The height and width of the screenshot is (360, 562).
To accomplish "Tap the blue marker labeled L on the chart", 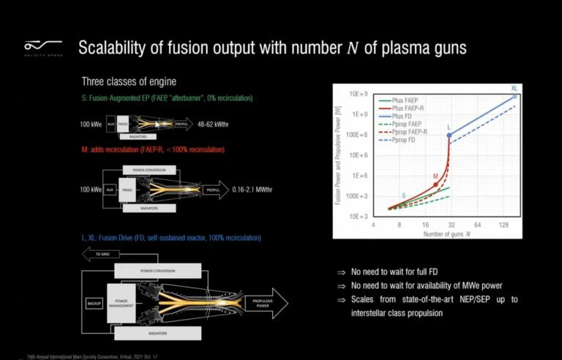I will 449,135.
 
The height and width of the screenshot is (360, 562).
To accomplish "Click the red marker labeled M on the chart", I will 435,184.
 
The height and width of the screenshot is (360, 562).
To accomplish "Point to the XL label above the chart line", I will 514,88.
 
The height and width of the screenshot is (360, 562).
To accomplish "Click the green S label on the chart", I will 402,195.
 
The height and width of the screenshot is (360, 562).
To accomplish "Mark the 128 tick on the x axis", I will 503,225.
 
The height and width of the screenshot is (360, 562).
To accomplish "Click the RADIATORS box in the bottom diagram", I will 158,333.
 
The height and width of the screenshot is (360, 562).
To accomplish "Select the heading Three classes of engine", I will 129,80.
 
